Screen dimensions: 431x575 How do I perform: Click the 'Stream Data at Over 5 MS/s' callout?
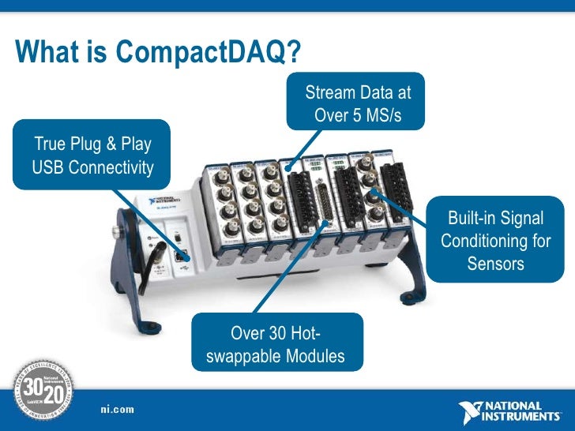coord(359,103)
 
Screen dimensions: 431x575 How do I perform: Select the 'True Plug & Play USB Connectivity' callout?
coord(91,155)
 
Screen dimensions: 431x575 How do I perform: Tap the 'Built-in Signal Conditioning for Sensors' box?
coord(495,240)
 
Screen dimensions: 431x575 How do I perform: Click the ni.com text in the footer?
coord(117,408)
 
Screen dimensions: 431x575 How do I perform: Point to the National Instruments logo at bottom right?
coord(512,410)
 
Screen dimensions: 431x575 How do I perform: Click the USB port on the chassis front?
coord(181,254)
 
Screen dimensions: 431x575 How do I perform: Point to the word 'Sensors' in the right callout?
coord(495,263)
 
